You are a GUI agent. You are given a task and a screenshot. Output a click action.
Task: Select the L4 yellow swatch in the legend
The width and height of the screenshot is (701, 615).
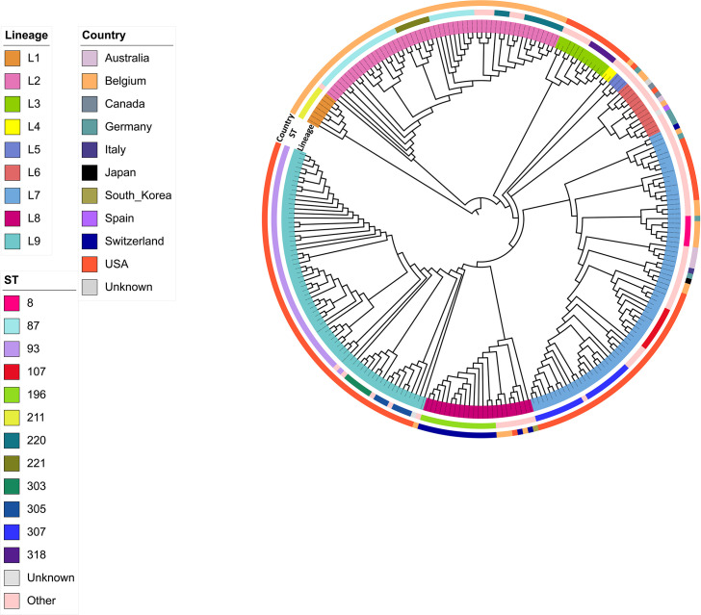13,128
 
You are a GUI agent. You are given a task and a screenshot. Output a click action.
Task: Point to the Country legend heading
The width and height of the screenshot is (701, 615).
105,36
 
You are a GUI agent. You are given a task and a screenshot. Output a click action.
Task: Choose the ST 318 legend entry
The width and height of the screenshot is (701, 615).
13,554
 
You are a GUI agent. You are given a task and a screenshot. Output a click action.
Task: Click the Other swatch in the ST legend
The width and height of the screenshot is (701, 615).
13,601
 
